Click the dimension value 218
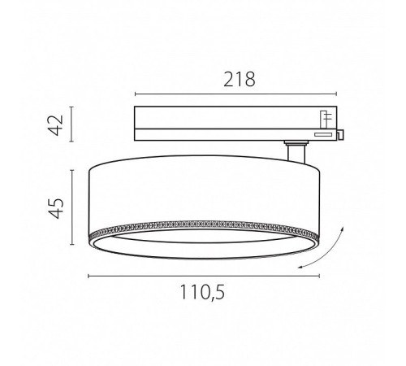pos(240,80)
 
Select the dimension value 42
pos(56,125)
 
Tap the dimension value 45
pos(56,208)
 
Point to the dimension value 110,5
pos(202,292)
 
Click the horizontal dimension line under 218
pos(235,94)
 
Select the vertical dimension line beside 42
pos(71,124)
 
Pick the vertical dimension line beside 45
pos(71,207)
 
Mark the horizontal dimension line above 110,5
pos(204,276)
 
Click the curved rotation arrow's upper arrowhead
pos(342,229)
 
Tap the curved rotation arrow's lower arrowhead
pos(300,267)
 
